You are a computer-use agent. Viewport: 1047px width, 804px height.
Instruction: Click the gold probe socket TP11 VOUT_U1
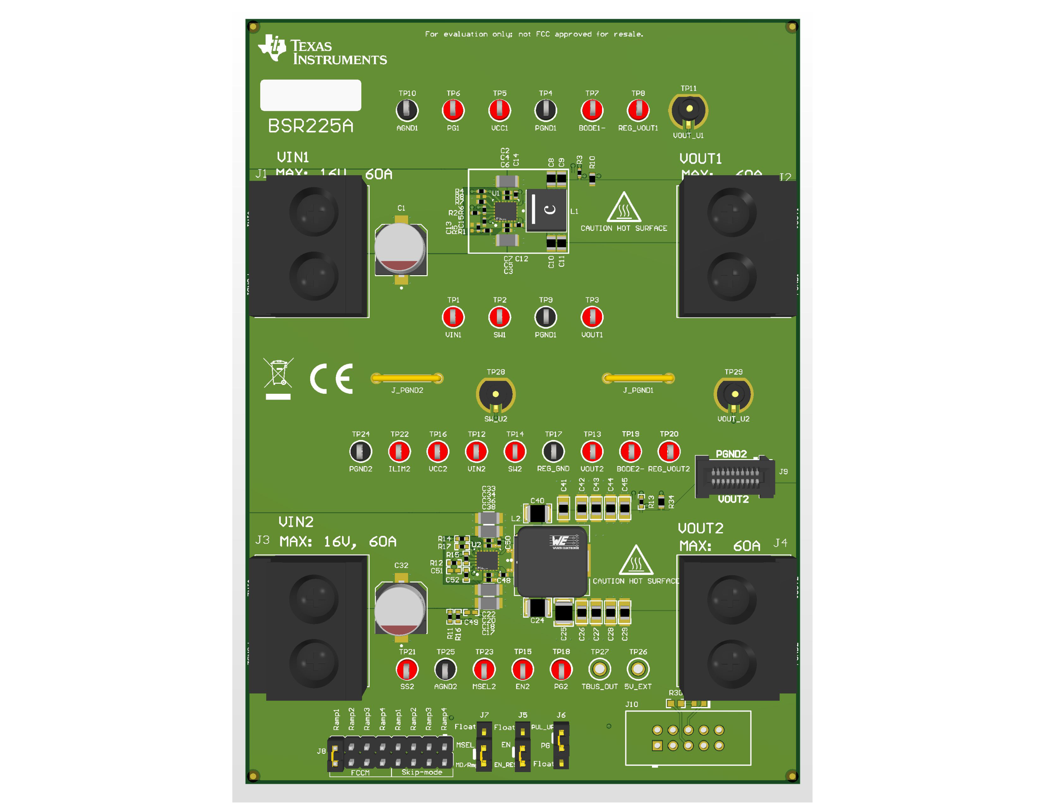click(688, 109)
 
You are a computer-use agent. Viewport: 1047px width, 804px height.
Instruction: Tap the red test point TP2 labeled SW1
click(499, 317)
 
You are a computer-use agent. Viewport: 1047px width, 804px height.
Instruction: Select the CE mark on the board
click(331, 379)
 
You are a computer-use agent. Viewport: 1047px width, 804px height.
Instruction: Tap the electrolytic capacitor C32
click(400, 609)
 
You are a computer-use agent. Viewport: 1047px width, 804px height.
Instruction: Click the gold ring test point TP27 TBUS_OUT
click(599, 669)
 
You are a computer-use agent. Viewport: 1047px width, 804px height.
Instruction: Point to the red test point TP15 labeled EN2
click(522, 669)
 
